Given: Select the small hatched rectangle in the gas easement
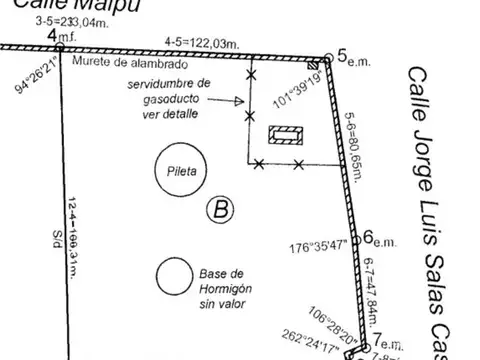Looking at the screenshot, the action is (x=285, y=135).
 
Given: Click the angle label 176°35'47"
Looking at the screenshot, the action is (x=320, y=243).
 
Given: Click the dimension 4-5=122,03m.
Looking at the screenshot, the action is (x=203, y=43).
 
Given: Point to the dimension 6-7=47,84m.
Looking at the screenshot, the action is (x=369, y=285).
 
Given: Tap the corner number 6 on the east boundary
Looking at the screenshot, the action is (x=367, y=237).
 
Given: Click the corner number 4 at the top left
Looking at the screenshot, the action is (x=52, y=36).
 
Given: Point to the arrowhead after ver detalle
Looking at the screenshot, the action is (x=241, y=101).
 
